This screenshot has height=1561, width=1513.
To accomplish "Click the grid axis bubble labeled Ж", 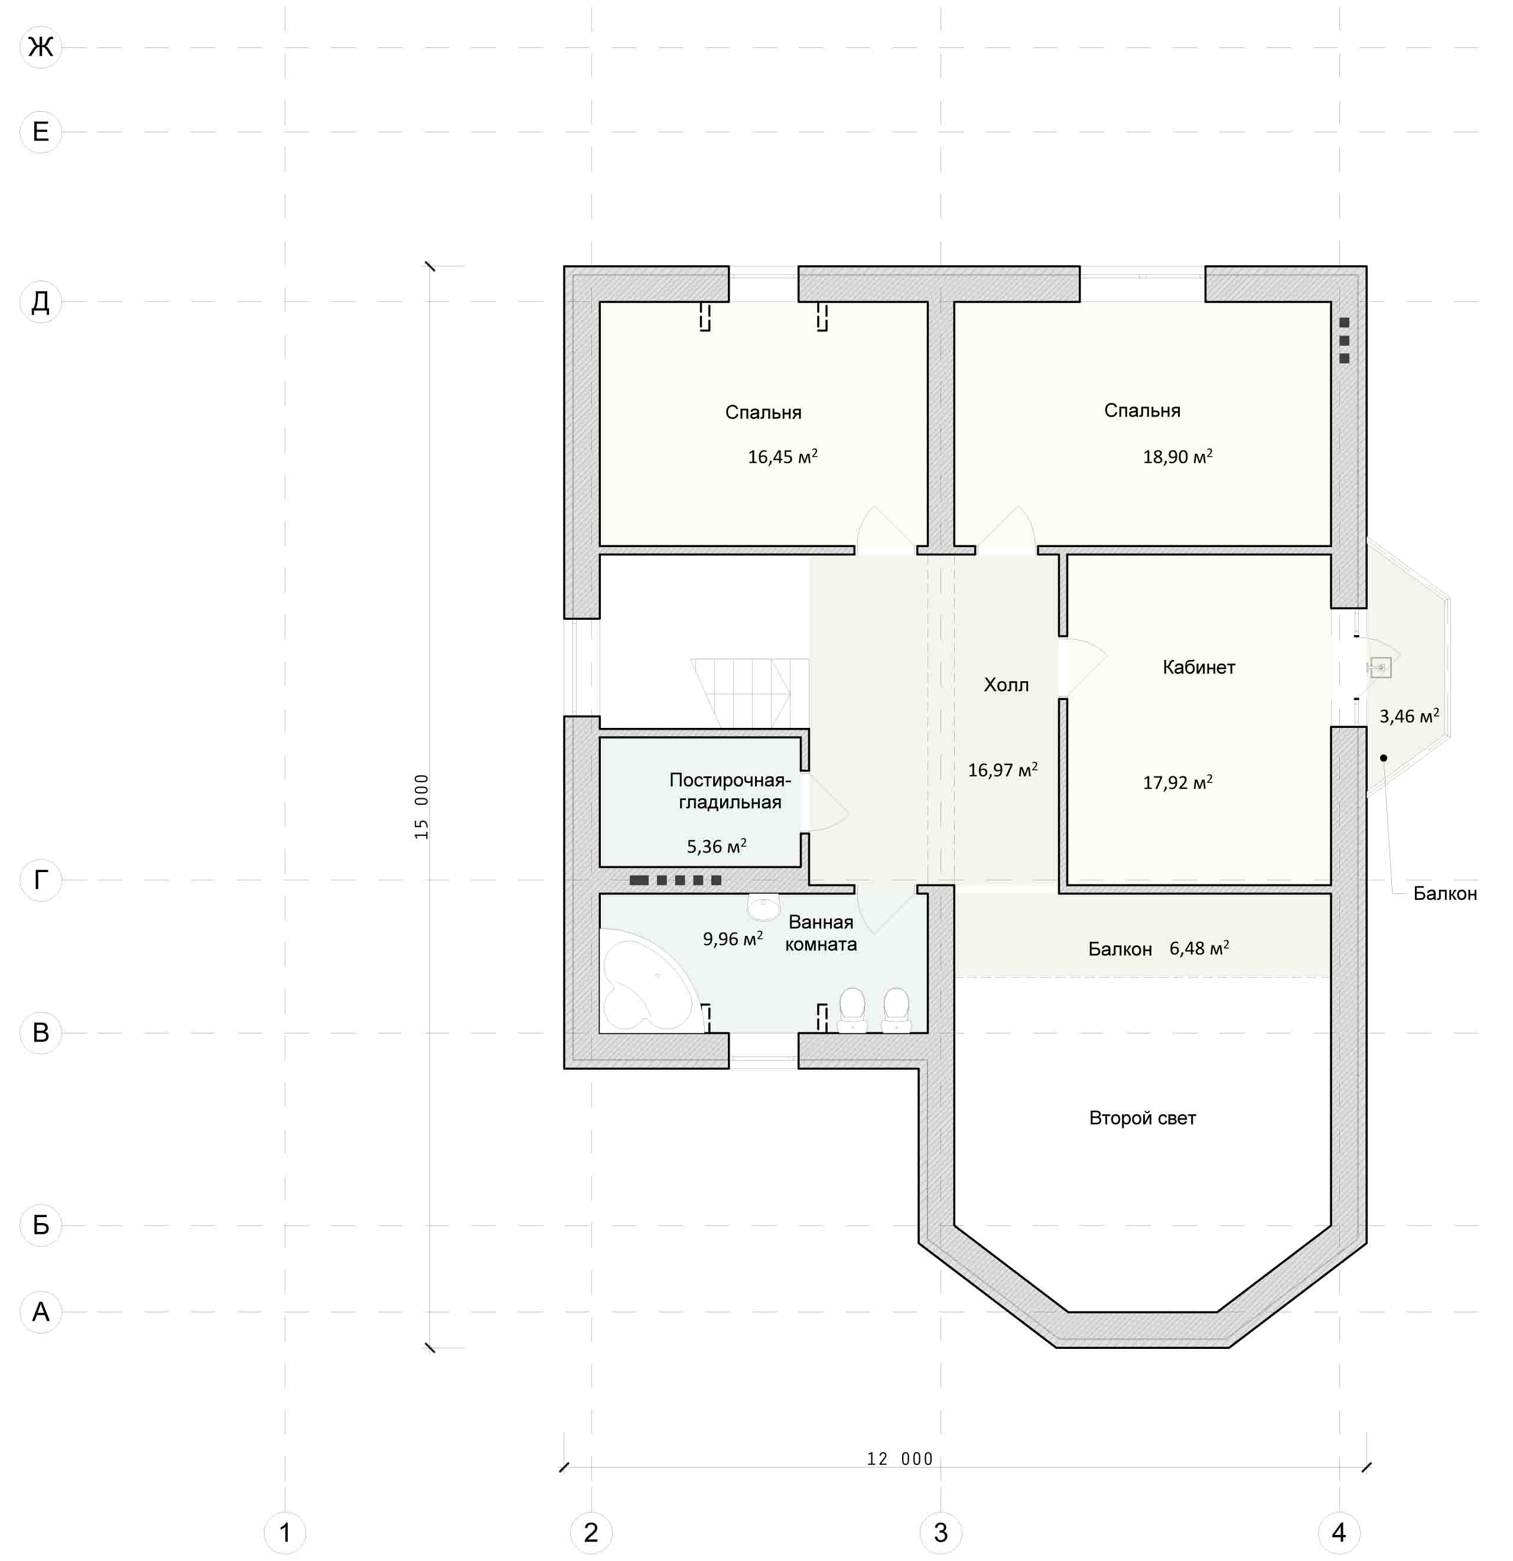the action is (x=41, y=47).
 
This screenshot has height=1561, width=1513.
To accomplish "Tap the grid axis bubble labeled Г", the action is (x=41, y=880).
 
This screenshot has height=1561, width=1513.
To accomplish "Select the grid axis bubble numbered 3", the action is (x=941, y=1531).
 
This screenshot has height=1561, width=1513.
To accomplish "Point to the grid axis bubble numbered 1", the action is (x=284, y=1531).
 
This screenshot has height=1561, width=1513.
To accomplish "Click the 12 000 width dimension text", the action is (x=900, y=1458).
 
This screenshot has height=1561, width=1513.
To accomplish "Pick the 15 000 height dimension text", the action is (x=421, y=806).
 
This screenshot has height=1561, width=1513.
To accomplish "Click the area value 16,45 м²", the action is (x=782, y=456).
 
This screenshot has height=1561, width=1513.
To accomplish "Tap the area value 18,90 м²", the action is (x=1177, y=456).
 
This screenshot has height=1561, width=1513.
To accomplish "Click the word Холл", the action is (x=1006, y=685).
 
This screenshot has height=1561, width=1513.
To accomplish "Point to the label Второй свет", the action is (x=1142, y=1118).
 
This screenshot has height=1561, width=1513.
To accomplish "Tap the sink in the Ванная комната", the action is (x=764, y=906).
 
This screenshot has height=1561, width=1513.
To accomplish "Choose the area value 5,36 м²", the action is (x=717, y=846).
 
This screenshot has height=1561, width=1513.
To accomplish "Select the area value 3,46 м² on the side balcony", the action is (x=1408, y=716).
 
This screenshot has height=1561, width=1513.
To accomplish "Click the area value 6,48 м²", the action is (x=1199, y=948).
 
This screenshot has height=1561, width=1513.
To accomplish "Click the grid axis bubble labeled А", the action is (x=41, y=1312).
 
